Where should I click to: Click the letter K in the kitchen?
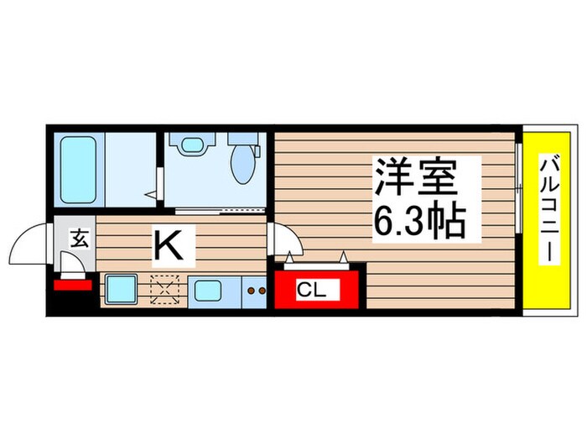coord(166,246)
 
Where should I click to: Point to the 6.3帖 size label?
coord(418,221)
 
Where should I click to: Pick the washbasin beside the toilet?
coord(192,144)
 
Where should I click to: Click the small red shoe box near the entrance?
coord(71,285)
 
